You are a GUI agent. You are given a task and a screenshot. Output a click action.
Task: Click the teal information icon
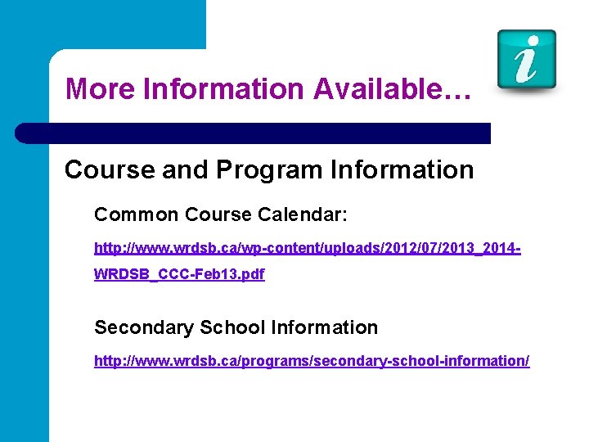pos(527,60)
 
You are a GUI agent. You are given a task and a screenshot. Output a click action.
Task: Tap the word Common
pos(137,214)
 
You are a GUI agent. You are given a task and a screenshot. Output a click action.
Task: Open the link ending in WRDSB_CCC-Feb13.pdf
pos(179,275)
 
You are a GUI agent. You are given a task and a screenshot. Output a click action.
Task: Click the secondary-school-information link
pos(312,360)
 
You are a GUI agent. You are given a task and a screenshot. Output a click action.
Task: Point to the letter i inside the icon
pos(527,59)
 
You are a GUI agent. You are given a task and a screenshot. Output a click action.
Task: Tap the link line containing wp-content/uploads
pos(307,246)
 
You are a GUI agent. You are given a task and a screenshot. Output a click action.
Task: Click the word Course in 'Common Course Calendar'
pos(218,214)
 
